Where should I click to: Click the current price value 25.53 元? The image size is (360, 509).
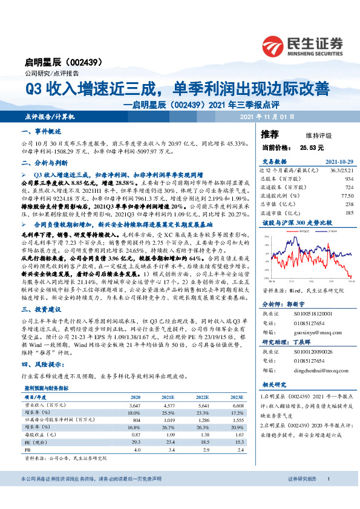coord(312,147)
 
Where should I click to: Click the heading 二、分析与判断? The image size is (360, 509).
coord(42,163)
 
